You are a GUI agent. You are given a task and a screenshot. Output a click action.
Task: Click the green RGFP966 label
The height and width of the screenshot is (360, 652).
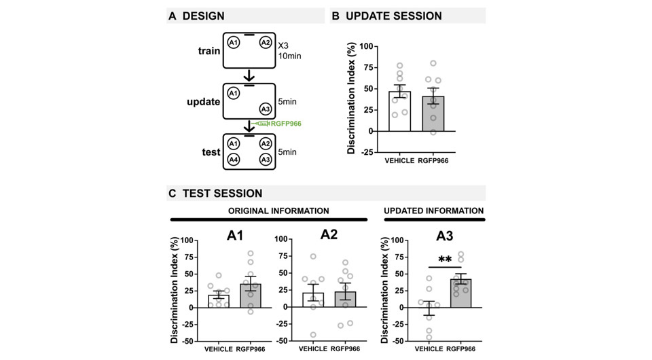coord(285,124)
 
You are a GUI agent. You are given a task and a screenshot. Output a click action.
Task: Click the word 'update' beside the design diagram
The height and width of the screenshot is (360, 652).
coord(203,102)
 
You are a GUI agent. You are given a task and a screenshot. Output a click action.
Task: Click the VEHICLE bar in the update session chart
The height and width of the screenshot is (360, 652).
coord(399,111)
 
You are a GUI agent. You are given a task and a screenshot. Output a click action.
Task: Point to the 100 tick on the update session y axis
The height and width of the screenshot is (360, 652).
coord(367,47)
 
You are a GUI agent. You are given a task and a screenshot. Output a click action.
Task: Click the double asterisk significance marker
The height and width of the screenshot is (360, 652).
coord(446,259)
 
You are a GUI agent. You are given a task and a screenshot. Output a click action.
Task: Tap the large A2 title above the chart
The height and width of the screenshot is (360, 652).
coord(329,236)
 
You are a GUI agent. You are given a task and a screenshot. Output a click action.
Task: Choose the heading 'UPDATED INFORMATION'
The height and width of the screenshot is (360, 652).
coord(434,211)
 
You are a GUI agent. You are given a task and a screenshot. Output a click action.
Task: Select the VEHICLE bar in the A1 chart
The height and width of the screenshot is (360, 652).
coord(219,300)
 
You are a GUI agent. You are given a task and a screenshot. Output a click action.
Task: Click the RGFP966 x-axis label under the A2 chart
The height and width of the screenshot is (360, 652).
coord(346,350)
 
